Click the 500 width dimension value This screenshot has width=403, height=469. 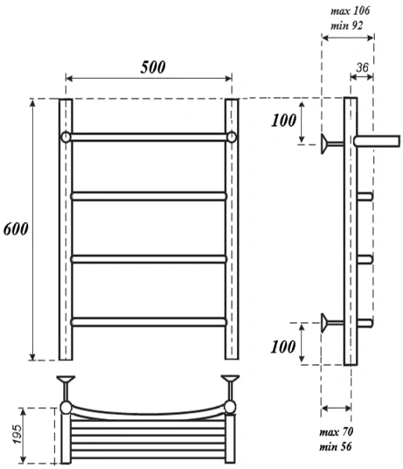click(153, 67)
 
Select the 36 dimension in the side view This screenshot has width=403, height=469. click(362, 68)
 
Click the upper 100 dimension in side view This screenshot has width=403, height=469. click(285, 121)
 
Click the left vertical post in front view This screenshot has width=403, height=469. click(65, 234)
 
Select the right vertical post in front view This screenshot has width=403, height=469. click(232, 234)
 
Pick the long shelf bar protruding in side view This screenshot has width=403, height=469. click(377, 140)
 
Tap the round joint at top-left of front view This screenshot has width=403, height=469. click(66, 138)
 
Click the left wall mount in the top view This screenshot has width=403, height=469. click(66, 385)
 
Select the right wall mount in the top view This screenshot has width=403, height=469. click(231, 385)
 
